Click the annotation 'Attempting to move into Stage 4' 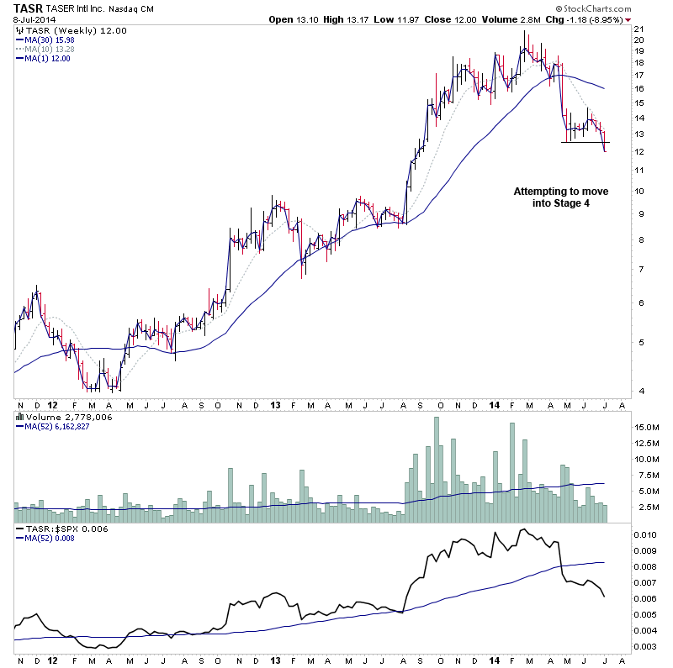point(560,197)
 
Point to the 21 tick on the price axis point(639,29)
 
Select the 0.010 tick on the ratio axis point(645,534)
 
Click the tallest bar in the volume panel point(436,471)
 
